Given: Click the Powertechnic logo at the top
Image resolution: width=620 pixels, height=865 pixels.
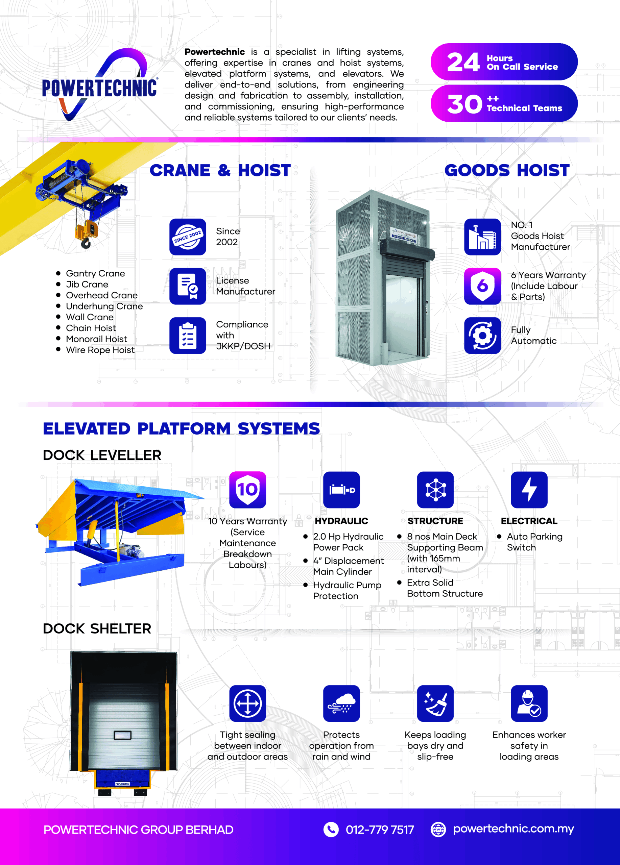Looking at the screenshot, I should [x=99, y=86].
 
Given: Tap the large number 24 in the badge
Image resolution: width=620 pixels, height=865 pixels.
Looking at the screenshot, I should [x=463, y=62].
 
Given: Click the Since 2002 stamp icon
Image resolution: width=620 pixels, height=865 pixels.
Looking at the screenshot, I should [x=188, y=237].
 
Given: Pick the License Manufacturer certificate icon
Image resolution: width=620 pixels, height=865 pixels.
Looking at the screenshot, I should [x=188, y=286].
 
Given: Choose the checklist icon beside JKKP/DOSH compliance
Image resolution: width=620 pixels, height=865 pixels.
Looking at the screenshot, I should [x=188, y=336].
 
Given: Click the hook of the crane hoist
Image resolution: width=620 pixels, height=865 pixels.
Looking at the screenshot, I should [x=86, y=243].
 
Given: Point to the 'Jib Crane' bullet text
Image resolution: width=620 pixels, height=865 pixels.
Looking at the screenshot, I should [x=87, y=285].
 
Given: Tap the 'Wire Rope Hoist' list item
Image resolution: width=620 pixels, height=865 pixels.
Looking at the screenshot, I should [x=100, y=350].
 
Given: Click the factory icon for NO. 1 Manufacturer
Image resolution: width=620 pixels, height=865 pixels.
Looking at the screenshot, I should [x=482, y=237].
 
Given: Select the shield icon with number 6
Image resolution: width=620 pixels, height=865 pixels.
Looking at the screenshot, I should [x=482, y=286].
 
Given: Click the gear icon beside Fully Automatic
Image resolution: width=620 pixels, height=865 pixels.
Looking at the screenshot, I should [x=482, y=336].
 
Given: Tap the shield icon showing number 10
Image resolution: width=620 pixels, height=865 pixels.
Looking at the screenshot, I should [x=247, y=490].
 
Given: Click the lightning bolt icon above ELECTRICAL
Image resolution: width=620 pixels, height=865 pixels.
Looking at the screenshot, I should [x=529, y=490].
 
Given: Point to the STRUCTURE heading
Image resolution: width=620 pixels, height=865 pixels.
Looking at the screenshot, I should [x=435, y=521].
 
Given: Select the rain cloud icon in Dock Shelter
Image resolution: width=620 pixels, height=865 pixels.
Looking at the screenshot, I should [x=341, y=703].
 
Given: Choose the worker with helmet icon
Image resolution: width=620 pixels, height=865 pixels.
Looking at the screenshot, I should [x=529, y=703].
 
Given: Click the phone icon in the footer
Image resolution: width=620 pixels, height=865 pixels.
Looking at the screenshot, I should [x=331, y=829].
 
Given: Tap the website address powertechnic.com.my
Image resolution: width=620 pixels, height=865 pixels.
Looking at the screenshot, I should [x=513, y=829].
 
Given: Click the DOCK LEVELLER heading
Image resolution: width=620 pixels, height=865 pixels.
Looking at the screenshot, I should [x=102, y=455].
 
